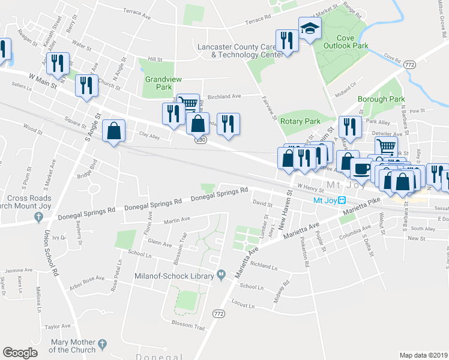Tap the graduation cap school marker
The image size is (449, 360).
point(310,28)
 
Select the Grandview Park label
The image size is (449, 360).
point(159,83)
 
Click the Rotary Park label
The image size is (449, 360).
point(300,121)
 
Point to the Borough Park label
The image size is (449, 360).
point(381,99)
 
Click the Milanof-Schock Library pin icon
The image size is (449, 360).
point(221,275)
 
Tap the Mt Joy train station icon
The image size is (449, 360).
point(342,200)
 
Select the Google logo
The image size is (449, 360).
point(20,353)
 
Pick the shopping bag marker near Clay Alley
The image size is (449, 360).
point(114,130)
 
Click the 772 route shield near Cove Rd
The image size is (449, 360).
point(410,64)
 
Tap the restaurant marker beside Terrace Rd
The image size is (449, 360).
point(287,40)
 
